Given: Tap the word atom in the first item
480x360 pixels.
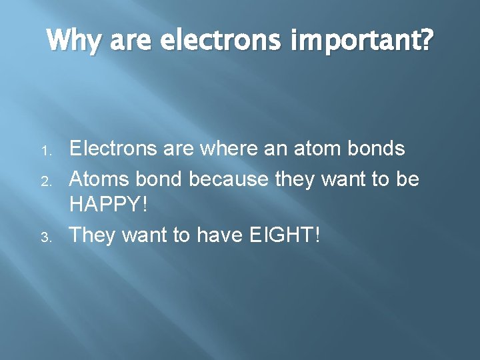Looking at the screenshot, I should click(317, 149).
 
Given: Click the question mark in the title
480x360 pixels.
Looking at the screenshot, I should click(425, 41).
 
